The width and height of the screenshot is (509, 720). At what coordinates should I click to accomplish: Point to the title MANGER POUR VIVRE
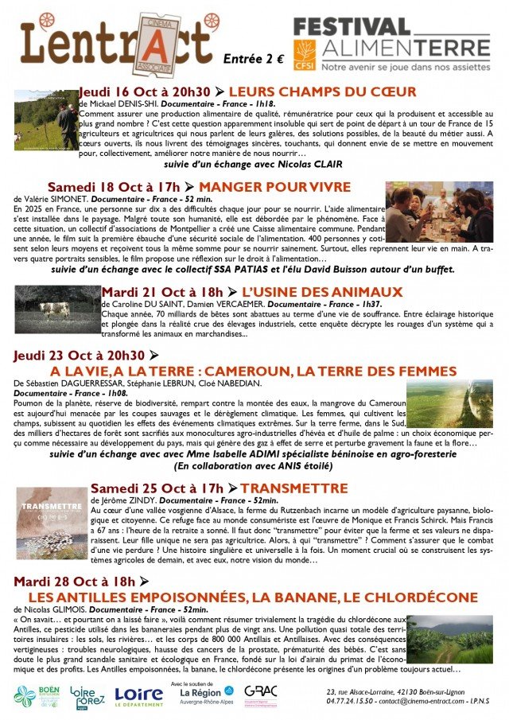click(x=277, y=187)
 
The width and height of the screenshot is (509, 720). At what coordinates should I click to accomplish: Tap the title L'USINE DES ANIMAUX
click(x=321, y=292)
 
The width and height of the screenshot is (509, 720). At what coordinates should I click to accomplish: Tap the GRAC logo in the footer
click(x=260, y=695)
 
